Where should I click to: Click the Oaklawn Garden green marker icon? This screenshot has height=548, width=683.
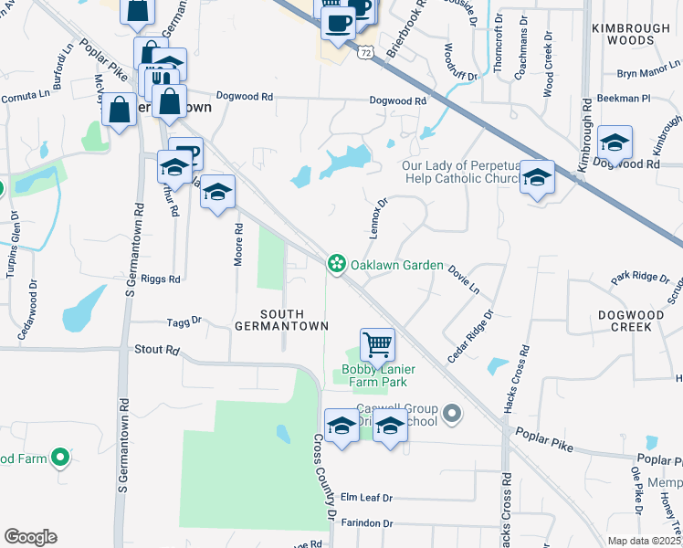click(337, 265)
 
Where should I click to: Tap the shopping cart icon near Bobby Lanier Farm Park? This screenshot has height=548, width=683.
click(377, 345)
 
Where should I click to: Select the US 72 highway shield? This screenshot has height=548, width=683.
click(365, 54)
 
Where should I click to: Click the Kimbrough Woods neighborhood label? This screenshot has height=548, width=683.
click(630, 35)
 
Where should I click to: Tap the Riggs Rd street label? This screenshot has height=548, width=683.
click(161, 279)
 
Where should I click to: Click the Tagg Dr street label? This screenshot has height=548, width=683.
click(184, 321)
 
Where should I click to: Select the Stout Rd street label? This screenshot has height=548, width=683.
click(156, 349)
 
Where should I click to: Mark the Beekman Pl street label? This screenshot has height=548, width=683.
click(623, 98)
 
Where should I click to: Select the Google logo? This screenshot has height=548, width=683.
click(30, 537)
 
